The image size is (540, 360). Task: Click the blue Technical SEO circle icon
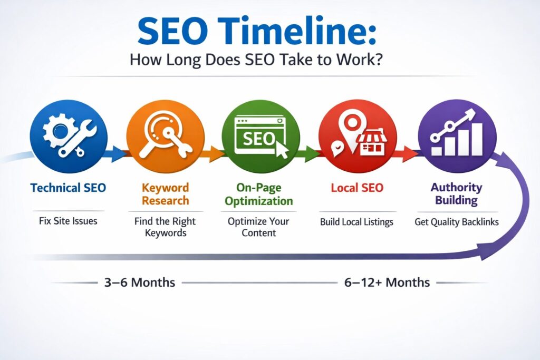69,134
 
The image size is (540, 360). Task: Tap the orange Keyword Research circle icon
165,134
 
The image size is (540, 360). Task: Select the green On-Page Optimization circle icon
260,134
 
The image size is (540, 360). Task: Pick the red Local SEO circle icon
357,134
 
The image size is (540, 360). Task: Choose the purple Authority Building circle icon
457,134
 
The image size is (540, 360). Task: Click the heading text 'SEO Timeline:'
257,32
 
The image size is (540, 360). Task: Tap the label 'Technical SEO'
68,188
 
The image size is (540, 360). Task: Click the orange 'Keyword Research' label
165,194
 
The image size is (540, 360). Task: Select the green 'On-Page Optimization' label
260,194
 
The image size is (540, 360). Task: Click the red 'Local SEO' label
357,188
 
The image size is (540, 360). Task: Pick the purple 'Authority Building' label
457,193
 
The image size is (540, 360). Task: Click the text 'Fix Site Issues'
68,221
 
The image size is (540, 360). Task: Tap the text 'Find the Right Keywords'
165,227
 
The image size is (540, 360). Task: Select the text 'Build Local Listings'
356,222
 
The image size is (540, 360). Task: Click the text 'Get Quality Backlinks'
457,222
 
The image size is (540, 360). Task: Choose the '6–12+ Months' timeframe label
387,282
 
